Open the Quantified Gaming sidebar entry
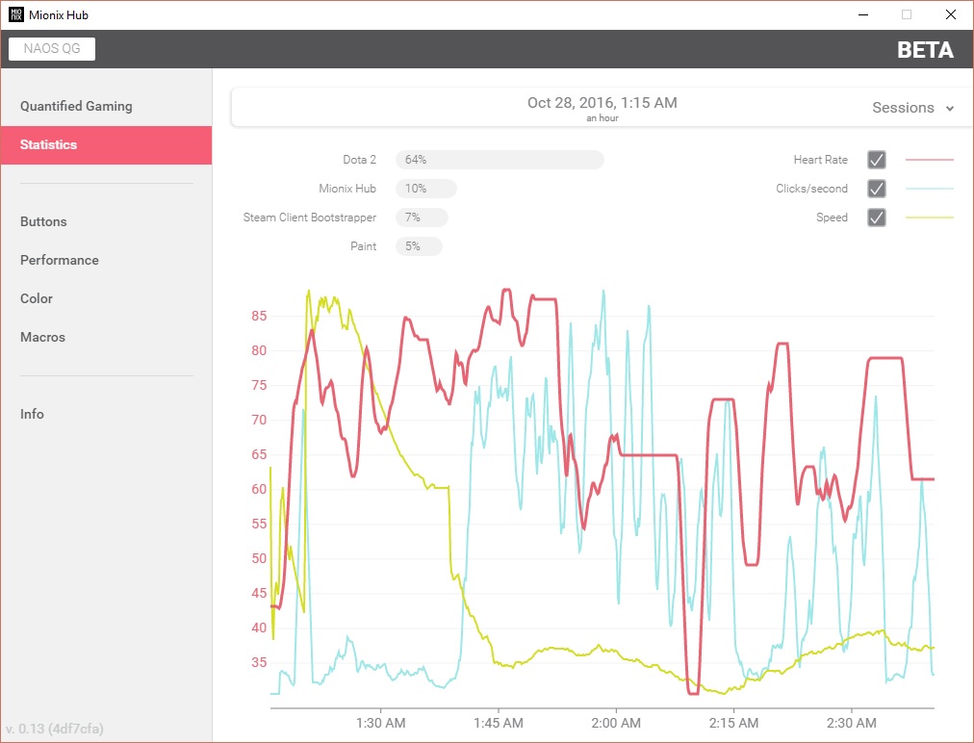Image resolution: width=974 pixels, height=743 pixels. click(76, 106)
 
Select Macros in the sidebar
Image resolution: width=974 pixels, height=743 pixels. click(42, 337)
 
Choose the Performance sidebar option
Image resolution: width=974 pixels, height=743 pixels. click(59, 260)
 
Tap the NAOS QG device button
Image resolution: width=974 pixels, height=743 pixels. click(52, 48)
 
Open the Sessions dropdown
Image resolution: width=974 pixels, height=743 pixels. click(912, 108)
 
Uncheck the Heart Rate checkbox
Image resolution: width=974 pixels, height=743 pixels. click(877, 160)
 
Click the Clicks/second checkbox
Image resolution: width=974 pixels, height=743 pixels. click(877, 189)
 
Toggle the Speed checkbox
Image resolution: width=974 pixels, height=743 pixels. click(877, 218)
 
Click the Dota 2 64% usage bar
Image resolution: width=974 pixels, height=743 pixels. click(500, 160)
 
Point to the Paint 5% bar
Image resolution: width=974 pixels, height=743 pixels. click(419, 246)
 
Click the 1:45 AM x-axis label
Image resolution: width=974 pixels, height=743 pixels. click(499, 723)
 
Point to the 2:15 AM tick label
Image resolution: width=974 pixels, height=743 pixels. click(733, 723)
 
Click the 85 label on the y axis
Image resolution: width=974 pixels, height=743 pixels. click(259, 317)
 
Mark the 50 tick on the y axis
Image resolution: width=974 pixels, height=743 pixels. click(259, 558)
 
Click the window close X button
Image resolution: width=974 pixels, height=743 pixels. click(950, 14)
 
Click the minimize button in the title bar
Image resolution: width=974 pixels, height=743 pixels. click(862, 14)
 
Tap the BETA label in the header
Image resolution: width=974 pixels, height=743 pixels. click(925, 50)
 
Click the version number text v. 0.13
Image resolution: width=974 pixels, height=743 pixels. click(55, 729)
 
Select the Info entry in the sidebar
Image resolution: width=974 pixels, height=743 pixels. click(32, 415)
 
